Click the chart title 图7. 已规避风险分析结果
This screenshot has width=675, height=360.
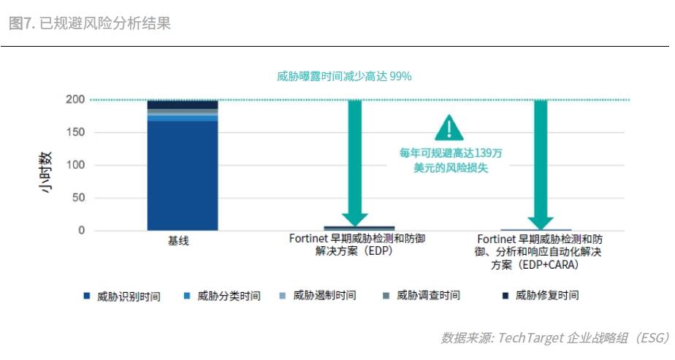(x=90, y=23)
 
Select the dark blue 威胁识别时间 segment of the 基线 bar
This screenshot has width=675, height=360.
(x=182, y=175)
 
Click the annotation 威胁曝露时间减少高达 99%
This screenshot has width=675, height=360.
(x=346, y=76)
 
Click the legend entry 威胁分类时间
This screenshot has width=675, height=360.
(x=227, y=296)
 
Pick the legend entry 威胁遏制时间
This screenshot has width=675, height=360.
(x=324, y=296)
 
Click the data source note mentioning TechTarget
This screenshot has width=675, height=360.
(x=555, y=337)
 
